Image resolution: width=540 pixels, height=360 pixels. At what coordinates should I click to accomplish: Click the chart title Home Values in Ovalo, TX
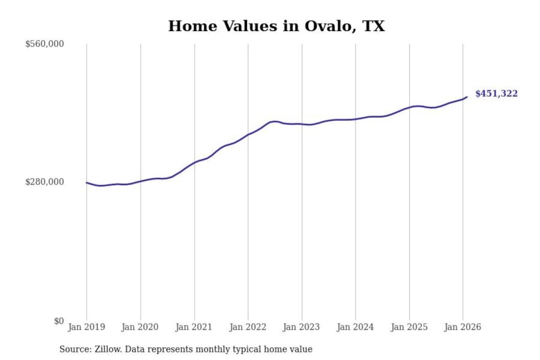point(276,26)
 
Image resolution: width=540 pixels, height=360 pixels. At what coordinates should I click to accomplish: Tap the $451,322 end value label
point(496,93)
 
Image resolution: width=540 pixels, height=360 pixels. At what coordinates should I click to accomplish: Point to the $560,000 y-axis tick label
point(45,44)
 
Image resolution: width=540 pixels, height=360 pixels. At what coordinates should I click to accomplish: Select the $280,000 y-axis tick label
point(45,182)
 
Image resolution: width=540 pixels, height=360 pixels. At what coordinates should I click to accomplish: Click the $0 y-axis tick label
point(59,321)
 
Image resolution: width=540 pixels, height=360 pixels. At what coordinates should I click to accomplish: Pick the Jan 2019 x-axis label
point(87,327)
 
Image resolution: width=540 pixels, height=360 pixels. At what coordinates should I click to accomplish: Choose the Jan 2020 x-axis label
point(140,327)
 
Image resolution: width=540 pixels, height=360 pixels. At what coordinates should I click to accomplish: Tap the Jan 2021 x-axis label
point(194,327)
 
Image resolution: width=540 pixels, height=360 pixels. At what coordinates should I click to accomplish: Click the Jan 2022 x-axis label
point(247,327)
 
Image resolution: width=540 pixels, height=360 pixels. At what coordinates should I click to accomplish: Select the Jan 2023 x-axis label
point(301,327)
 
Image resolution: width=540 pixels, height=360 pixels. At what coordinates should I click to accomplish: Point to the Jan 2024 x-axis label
point(355,327)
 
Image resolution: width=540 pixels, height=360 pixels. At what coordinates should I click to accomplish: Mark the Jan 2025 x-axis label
point(409,327)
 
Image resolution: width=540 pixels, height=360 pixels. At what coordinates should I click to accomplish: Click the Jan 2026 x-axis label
point(462,327)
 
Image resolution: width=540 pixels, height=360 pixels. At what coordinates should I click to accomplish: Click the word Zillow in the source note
point(108,349)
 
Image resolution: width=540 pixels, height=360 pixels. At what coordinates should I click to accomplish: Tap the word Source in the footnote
point(75,349)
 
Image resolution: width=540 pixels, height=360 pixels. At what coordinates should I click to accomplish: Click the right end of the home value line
point(466,97)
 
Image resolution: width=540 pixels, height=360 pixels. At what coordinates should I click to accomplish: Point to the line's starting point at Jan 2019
point(87,183)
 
